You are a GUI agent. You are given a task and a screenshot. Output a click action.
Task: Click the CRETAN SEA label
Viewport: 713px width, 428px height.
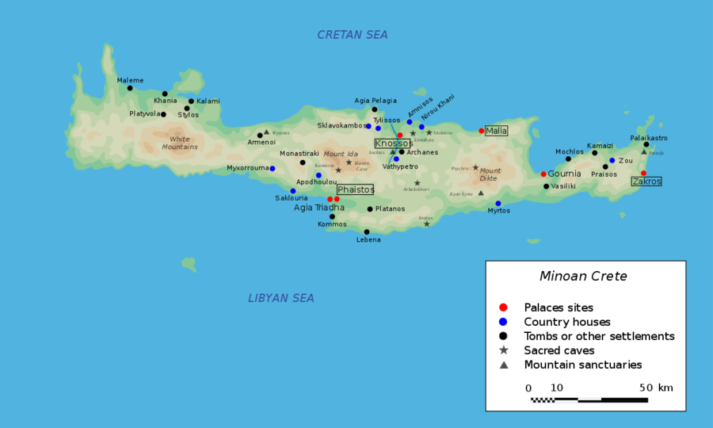coord(353,35)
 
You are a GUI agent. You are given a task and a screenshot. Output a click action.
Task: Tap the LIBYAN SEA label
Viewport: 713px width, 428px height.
coord(281,298)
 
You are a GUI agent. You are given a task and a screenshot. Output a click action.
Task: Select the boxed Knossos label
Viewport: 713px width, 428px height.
coord(392,143)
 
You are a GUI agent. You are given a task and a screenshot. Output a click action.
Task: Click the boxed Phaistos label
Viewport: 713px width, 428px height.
coord(356,190)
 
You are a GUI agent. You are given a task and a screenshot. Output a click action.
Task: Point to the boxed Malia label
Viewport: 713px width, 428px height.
coord(496,131)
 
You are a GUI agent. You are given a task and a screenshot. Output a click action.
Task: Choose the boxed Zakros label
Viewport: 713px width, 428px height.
coord(646,182)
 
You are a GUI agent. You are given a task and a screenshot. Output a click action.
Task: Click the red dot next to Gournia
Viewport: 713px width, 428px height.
coord(543,174)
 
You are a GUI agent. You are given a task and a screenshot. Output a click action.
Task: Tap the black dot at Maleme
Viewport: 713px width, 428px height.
coord(130,88)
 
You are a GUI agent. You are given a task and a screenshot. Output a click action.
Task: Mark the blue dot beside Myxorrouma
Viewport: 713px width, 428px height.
coord(272,168)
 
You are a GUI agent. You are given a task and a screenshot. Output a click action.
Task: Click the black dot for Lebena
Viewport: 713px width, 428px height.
coord(367,231)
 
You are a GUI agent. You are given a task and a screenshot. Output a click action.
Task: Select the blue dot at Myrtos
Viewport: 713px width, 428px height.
coord(498,203)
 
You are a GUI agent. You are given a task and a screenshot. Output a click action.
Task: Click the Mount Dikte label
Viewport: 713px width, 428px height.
coord(490,174)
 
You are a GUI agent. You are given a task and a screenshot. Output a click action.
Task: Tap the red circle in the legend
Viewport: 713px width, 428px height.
coord(503,308)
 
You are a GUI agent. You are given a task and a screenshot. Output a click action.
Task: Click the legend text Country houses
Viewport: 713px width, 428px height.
coord(567,322)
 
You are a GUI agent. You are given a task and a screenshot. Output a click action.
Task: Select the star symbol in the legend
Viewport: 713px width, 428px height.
coord(503,350)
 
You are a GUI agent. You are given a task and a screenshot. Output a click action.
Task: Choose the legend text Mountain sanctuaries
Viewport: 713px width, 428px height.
coord(583,365)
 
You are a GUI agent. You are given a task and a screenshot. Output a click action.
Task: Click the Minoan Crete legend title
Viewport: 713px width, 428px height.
coord(583,277)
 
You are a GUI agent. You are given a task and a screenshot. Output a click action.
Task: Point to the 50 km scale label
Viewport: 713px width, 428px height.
coord(654,388)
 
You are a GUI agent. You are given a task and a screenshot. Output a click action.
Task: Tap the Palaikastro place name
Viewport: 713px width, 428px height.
coord(649,138)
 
